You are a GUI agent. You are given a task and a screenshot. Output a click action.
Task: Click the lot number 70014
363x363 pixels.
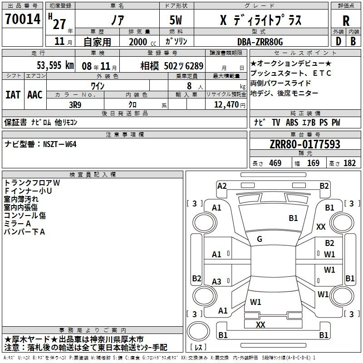click(23, 19)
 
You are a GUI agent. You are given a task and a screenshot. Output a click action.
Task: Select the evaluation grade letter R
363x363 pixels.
click(346, 20)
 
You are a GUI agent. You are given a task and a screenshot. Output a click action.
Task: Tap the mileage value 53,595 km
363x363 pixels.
click(55, 65)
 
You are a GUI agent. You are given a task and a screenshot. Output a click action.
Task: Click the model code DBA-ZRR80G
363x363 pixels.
click(260, 42)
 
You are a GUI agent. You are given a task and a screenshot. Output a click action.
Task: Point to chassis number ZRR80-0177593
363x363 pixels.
click(304, 145)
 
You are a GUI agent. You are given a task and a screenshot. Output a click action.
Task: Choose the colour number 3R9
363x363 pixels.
click(75, 104)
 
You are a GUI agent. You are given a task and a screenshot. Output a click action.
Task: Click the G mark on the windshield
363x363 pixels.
click(260, 239)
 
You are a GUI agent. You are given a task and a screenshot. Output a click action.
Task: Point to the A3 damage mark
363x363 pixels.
click(217, 282)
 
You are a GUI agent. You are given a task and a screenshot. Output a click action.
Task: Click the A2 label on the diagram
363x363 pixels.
click(222, 186)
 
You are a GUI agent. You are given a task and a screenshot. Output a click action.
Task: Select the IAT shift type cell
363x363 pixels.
click(13, 95)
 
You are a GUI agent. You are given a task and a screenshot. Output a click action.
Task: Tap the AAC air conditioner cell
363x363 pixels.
click(34, 95)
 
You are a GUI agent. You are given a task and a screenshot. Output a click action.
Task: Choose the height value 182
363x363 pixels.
click(349, 163)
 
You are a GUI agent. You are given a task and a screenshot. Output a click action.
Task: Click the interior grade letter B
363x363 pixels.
click(353, 41)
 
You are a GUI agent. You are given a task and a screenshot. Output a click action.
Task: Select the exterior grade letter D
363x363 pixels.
click(338, 41)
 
